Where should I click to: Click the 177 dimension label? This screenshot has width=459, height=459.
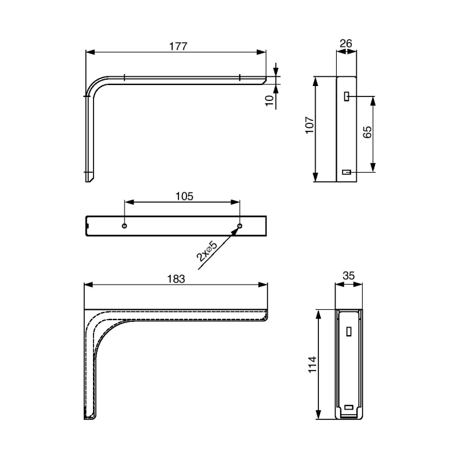tap(178, 46)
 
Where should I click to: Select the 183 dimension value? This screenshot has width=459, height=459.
tap(176, 279)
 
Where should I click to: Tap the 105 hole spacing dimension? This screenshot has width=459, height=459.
tap(184, 196)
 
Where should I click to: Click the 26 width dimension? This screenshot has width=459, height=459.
tap(345, 44)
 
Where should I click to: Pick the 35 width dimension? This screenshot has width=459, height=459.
tap(348, 276)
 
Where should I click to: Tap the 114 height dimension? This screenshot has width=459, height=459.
tap(312, 365)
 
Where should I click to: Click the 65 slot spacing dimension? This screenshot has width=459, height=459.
tap(368, 133)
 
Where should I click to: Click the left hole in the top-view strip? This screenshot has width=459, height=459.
tap(125, 225)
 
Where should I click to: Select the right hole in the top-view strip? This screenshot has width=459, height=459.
tap(240, 225)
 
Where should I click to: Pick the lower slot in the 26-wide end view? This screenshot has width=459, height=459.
tap(347, 172)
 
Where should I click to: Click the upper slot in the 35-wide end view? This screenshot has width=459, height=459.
tap(349, 331)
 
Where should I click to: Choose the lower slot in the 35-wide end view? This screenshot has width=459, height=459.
tap(349, 408)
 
